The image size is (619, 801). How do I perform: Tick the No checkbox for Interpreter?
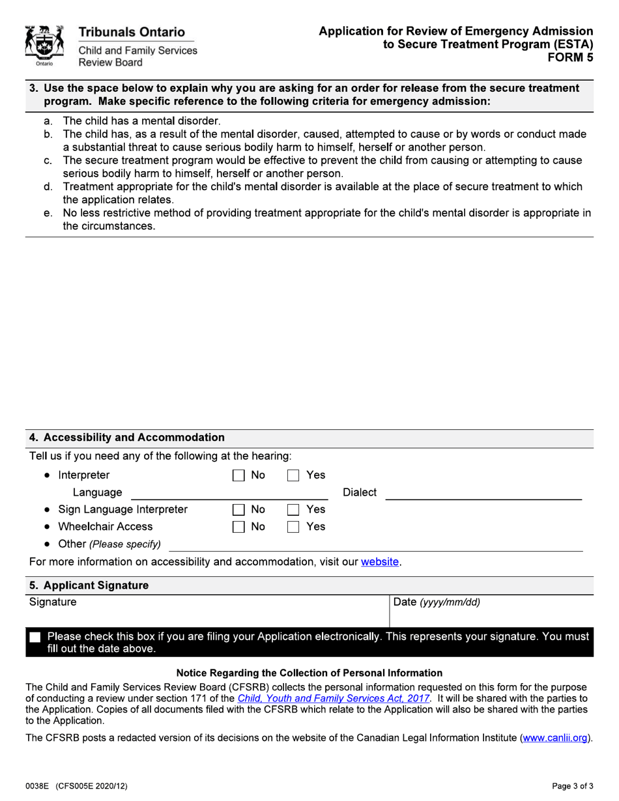239,475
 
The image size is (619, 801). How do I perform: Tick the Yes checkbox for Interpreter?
294,475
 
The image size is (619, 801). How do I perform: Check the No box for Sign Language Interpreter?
239,510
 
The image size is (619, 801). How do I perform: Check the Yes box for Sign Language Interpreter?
294,510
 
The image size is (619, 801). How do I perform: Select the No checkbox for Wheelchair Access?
239,527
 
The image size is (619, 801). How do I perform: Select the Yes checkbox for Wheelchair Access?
294,527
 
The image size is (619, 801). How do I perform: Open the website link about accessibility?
380,562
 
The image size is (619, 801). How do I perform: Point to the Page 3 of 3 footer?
571,786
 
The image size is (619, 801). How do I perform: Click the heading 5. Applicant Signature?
89,585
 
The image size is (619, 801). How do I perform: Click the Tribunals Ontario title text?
132,32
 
